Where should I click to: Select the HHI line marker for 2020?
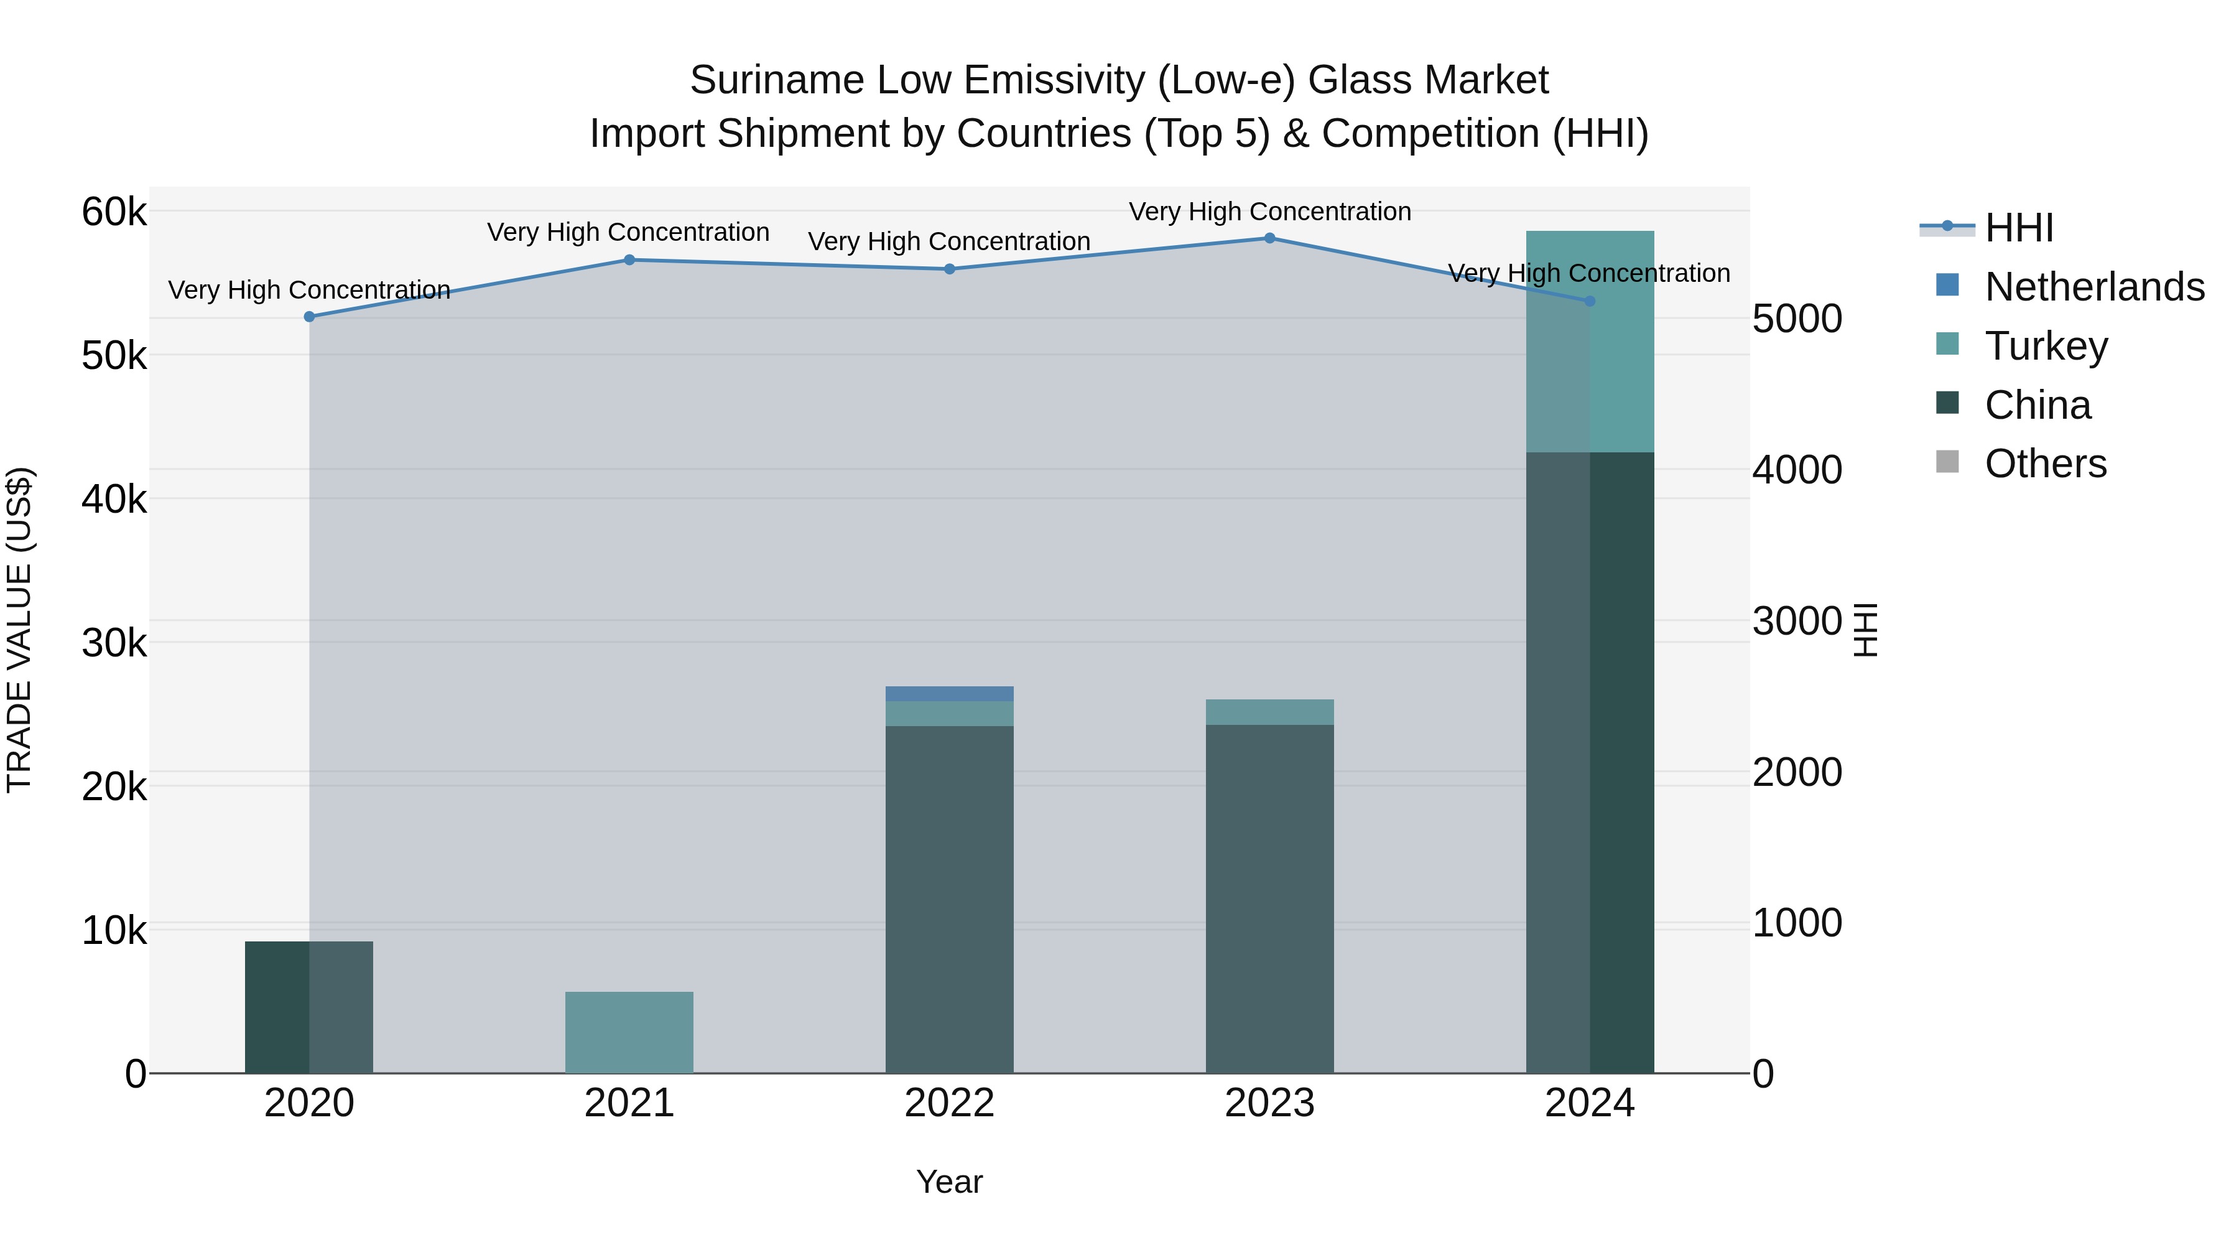click(310, 317)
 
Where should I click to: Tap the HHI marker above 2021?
click(629, 260)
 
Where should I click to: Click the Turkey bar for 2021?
click(629, 1032)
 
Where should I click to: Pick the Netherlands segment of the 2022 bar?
click(949, 694)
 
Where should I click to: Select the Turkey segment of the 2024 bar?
click(1590, 341)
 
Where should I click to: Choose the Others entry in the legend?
click(2044, 464)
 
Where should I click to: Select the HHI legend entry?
click(2018, 228)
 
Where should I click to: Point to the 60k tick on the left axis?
click(114, 212)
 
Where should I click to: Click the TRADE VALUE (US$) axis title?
click(20, 630)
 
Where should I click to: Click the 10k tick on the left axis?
click(114, 930)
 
